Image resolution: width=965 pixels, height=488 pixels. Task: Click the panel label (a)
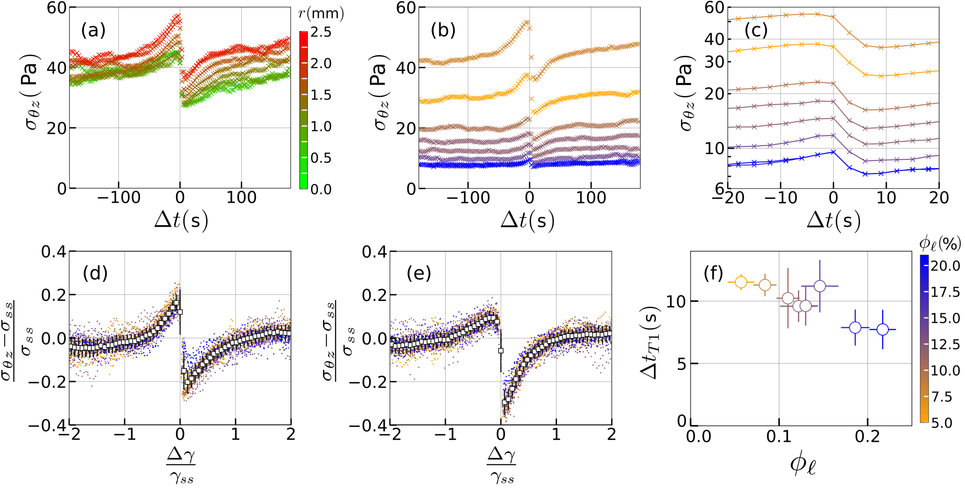[93, 30]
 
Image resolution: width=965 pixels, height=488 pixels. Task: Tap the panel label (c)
[756, 30]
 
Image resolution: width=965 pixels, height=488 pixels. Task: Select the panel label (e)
[419, 273]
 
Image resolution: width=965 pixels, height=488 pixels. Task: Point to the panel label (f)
[713, 273]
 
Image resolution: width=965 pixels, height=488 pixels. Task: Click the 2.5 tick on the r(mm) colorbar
[321, 32]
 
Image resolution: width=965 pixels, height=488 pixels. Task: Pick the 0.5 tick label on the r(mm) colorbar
[321, 158]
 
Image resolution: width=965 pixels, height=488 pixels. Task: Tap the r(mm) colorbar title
[321, 14]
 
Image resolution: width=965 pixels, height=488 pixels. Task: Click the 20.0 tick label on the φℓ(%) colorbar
[945, 266]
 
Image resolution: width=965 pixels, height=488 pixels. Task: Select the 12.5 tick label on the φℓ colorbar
[945, 344]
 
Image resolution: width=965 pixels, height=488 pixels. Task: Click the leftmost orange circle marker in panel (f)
[741, 282]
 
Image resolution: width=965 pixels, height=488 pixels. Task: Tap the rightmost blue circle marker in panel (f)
[883, 330]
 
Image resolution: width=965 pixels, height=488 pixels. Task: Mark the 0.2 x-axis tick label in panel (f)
[868, 437]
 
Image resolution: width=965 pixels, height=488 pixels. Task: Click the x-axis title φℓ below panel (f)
[803, 465]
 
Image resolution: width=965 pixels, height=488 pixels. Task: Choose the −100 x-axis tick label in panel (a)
[119, 198]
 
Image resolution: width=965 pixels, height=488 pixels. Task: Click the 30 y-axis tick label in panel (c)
[714, 62]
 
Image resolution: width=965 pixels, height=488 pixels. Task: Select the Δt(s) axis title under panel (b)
[528, 221]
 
